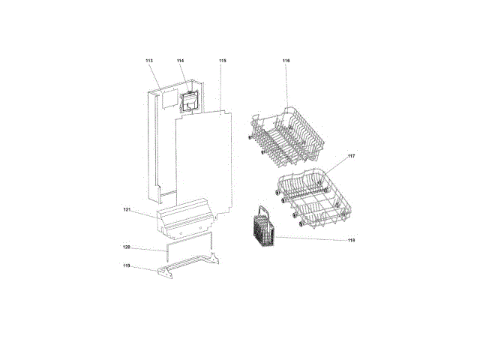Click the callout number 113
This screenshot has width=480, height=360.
[149, 61]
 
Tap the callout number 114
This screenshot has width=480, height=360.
[180, 61]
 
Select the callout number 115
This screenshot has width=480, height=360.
[223, 61]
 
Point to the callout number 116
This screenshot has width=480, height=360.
[286, 61]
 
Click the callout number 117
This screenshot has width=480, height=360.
[352, 156]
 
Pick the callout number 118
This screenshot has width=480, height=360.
[352, 240]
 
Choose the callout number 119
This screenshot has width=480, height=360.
[127, 265]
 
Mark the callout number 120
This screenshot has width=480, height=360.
[127, 247]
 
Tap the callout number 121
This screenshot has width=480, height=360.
[127, 210]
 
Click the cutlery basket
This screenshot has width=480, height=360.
[264, 228]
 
